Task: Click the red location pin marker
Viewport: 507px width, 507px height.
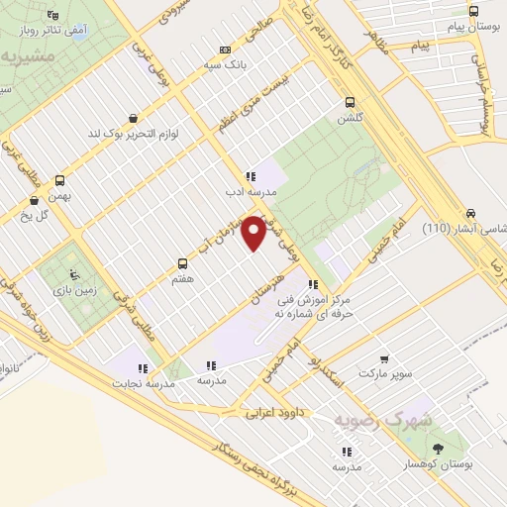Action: point(253,233)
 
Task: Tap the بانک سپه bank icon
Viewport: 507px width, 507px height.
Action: point(226,50)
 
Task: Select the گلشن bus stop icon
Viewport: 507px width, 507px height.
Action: point(349,101)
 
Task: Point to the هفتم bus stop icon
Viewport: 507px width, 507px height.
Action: point(182,263)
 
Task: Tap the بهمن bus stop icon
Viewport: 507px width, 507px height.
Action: point(59,180)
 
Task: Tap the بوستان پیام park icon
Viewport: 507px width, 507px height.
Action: point(473,12)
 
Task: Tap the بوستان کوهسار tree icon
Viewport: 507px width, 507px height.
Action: point(439,449)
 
